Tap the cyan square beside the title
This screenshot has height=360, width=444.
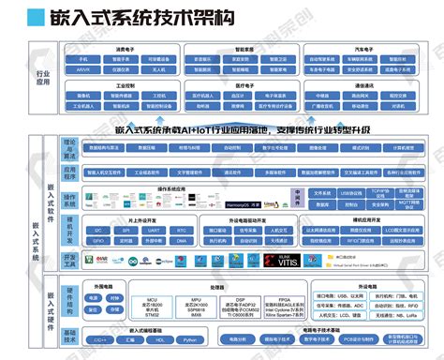coord(35,17)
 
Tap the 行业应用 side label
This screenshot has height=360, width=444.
coord(42,78)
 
